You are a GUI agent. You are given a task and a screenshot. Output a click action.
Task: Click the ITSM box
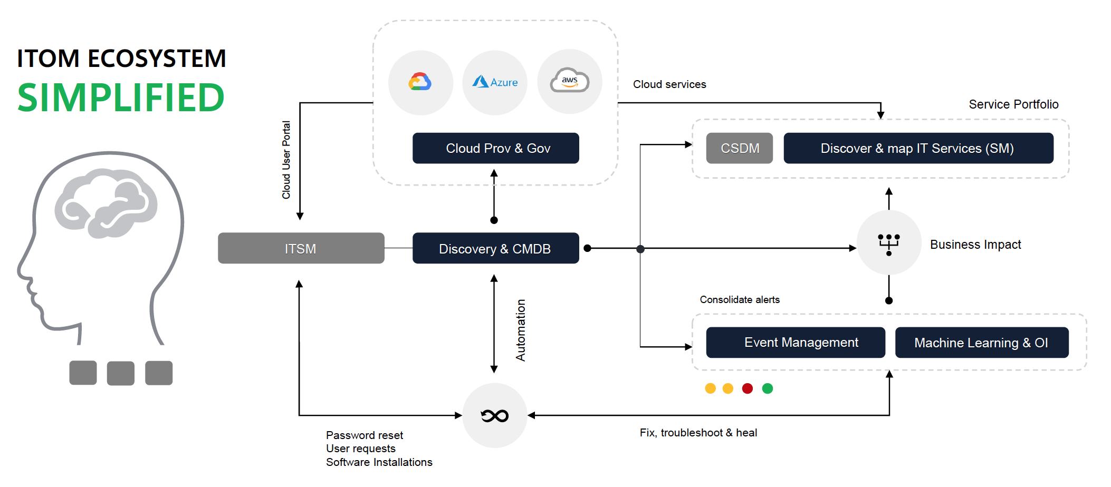[x=301, y=248]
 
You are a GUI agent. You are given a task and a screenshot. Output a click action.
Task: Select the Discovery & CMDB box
[x=495, y=248]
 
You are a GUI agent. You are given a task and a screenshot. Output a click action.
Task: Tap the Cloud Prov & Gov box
[x=495, y=148]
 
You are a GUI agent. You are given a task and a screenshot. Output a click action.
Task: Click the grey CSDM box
[x=739, y=148]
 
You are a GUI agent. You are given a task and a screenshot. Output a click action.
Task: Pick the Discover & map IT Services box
[x=918, y=148]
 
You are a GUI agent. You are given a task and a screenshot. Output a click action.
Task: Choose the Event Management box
[x=795, y=343]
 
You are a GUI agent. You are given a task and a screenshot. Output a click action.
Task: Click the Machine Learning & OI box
[x=981, y=343]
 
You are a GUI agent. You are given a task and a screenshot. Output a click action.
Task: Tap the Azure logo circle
[x=495, y=82]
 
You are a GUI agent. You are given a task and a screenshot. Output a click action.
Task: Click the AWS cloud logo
[x=569, y=81]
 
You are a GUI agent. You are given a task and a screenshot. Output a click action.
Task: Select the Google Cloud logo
[x=420, y=82]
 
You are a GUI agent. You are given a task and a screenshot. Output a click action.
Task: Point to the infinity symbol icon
[x=494, y=416]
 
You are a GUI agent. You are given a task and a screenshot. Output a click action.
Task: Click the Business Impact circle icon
[x=889, y=243]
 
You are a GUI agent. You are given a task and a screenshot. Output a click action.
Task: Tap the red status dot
[x=747, y=388]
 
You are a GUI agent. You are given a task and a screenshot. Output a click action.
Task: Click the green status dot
[x=768, y=388]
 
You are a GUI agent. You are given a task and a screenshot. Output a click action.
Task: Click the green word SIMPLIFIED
[x=121, y=98]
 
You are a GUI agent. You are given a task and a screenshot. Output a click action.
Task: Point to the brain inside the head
[x=106, y=203]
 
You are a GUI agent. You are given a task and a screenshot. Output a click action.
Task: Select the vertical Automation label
[x=521, y=330]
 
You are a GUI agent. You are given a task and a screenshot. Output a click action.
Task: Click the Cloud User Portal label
[x=286, y=160]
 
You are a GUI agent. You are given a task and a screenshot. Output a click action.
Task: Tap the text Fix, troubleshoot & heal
[x=698, y=433]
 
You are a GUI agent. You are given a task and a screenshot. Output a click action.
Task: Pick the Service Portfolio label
[x=1013, y=104]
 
